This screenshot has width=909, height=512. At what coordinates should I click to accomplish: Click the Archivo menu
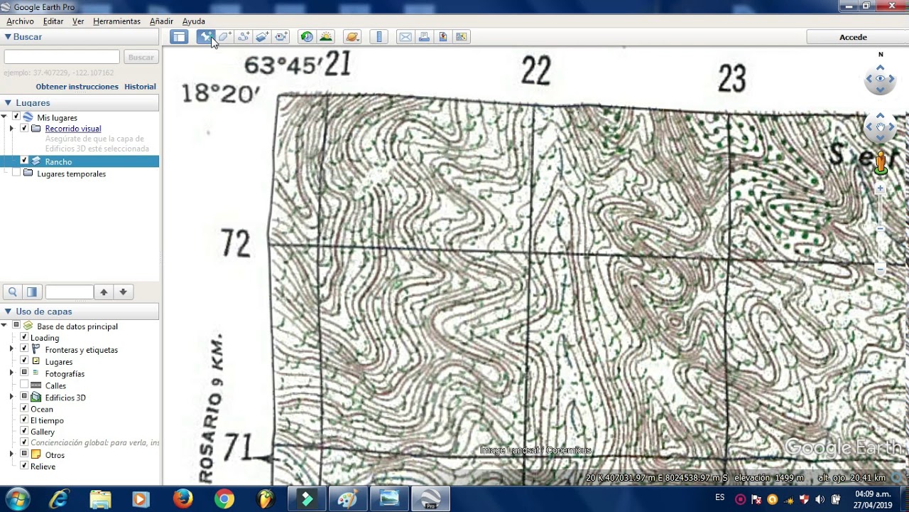(20, 21)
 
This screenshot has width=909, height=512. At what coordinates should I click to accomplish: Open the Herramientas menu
(116, 21)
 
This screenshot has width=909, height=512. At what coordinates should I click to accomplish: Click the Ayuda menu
(193, 21)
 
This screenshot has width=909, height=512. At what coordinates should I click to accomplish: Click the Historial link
(140, 87)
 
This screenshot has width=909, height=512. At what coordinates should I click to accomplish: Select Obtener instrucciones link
(77, 87)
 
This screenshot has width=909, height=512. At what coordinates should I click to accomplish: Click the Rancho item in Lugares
(58, 161)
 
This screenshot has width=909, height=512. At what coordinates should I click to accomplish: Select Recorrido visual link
(72, 129)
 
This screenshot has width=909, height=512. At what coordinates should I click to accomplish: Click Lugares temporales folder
(71, 174)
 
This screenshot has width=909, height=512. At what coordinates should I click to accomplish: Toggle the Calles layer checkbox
(24, 385)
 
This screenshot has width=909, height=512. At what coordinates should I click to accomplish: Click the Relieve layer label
(43, 466)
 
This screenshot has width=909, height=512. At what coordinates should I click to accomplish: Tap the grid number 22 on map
(535, 72)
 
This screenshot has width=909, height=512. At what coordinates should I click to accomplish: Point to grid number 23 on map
(731, 79)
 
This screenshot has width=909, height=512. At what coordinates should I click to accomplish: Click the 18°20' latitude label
(221, 93)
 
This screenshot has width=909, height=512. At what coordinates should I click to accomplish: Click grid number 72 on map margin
(236, 244)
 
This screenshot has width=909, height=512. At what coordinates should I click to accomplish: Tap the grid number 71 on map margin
(237, 447)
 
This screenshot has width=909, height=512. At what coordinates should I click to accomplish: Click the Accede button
(853, 37)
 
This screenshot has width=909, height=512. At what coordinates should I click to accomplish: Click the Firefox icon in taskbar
(183, 499)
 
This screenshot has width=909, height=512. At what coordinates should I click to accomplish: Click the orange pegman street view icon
(881, 163)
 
